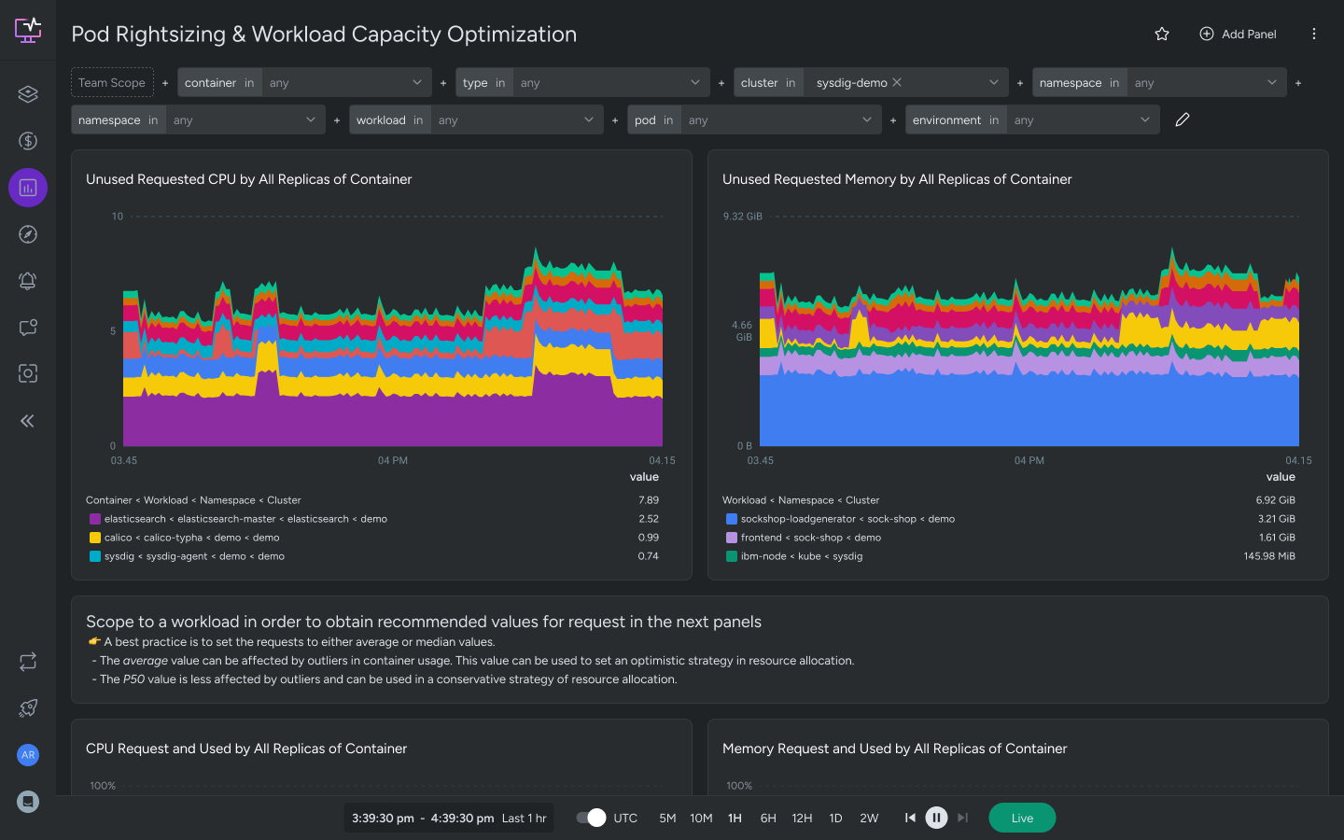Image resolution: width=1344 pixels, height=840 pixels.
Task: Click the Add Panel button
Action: click(x=1238, y=35)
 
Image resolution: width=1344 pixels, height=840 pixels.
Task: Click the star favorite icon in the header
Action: click(x=1162, y=35)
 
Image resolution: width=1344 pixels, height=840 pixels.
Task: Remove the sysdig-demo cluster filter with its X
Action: click(x=897, y=82)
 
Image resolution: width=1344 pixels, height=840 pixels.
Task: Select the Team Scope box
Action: click(x=112, y=83)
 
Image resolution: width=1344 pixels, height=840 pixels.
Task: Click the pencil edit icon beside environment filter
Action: click(x=1183, y=120)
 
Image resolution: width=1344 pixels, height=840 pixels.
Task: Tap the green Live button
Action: click(x=1022, y=818)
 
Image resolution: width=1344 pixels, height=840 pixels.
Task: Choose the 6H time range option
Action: click(x=768, y=819)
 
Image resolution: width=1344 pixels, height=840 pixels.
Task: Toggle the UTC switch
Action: click(x=591, y=818)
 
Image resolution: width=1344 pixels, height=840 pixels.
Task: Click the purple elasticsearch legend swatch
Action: click(x=95, y=519)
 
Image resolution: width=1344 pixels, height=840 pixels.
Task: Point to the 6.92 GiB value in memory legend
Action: click(x=1275, y=500)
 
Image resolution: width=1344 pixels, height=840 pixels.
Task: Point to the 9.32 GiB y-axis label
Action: click(x=743, y=217)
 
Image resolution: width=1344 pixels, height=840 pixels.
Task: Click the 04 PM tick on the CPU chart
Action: click(x=393, y=461)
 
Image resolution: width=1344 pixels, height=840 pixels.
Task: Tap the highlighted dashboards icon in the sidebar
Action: click(x=28, y=188)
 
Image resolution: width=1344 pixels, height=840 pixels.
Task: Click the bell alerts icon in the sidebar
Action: click(x=28, y=281)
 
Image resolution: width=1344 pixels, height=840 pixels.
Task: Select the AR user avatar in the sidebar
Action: click(x=28, y=755)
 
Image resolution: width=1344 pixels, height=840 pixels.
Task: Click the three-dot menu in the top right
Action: click(x=1314, y=35)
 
